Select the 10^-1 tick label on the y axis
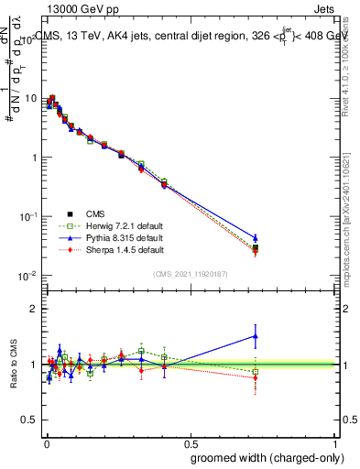(28, 216)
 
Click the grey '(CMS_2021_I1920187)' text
(191, 273)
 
